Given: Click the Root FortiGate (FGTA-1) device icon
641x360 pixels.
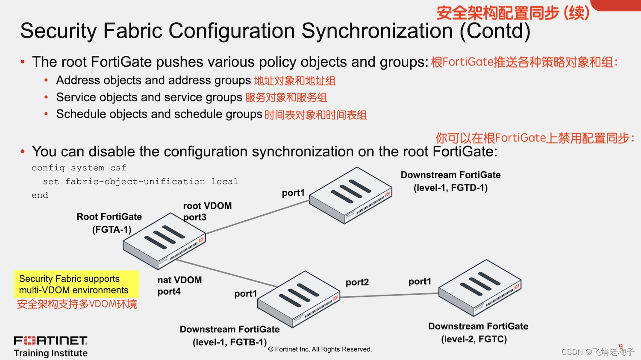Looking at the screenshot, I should point(164,241).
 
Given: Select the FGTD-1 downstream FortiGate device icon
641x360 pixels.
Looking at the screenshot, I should point(350,195).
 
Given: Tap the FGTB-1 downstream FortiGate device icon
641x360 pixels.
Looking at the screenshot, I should point(299,299).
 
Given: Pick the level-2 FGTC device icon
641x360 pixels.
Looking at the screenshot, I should point(480,288).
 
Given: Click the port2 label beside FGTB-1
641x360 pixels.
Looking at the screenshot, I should point(357,282).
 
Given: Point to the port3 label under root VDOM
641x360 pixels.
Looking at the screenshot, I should point(194,217).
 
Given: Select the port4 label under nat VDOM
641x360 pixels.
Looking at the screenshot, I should point(169,292).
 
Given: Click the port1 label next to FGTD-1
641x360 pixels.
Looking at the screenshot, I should point(293,193).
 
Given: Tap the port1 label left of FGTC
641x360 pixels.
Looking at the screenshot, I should point(420,281).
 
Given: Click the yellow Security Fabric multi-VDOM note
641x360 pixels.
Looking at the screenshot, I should point(76,284).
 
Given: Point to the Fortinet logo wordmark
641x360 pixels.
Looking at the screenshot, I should point(50,340).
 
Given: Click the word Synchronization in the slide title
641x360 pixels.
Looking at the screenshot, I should point(377,31).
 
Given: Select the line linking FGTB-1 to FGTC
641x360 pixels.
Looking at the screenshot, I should point(389,295).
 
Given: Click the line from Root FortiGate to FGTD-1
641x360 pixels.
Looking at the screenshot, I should point(258,217).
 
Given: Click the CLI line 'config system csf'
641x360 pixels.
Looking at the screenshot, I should point(79,168).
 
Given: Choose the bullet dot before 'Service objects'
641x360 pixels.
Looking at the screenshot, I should point(46,97).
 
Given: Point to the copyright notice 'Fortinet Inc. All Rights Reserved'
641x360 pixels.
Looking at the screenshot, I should point(320,349).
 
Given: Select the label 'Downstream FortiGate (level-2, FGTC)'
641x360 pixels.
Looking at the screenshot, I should point(478,333).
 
